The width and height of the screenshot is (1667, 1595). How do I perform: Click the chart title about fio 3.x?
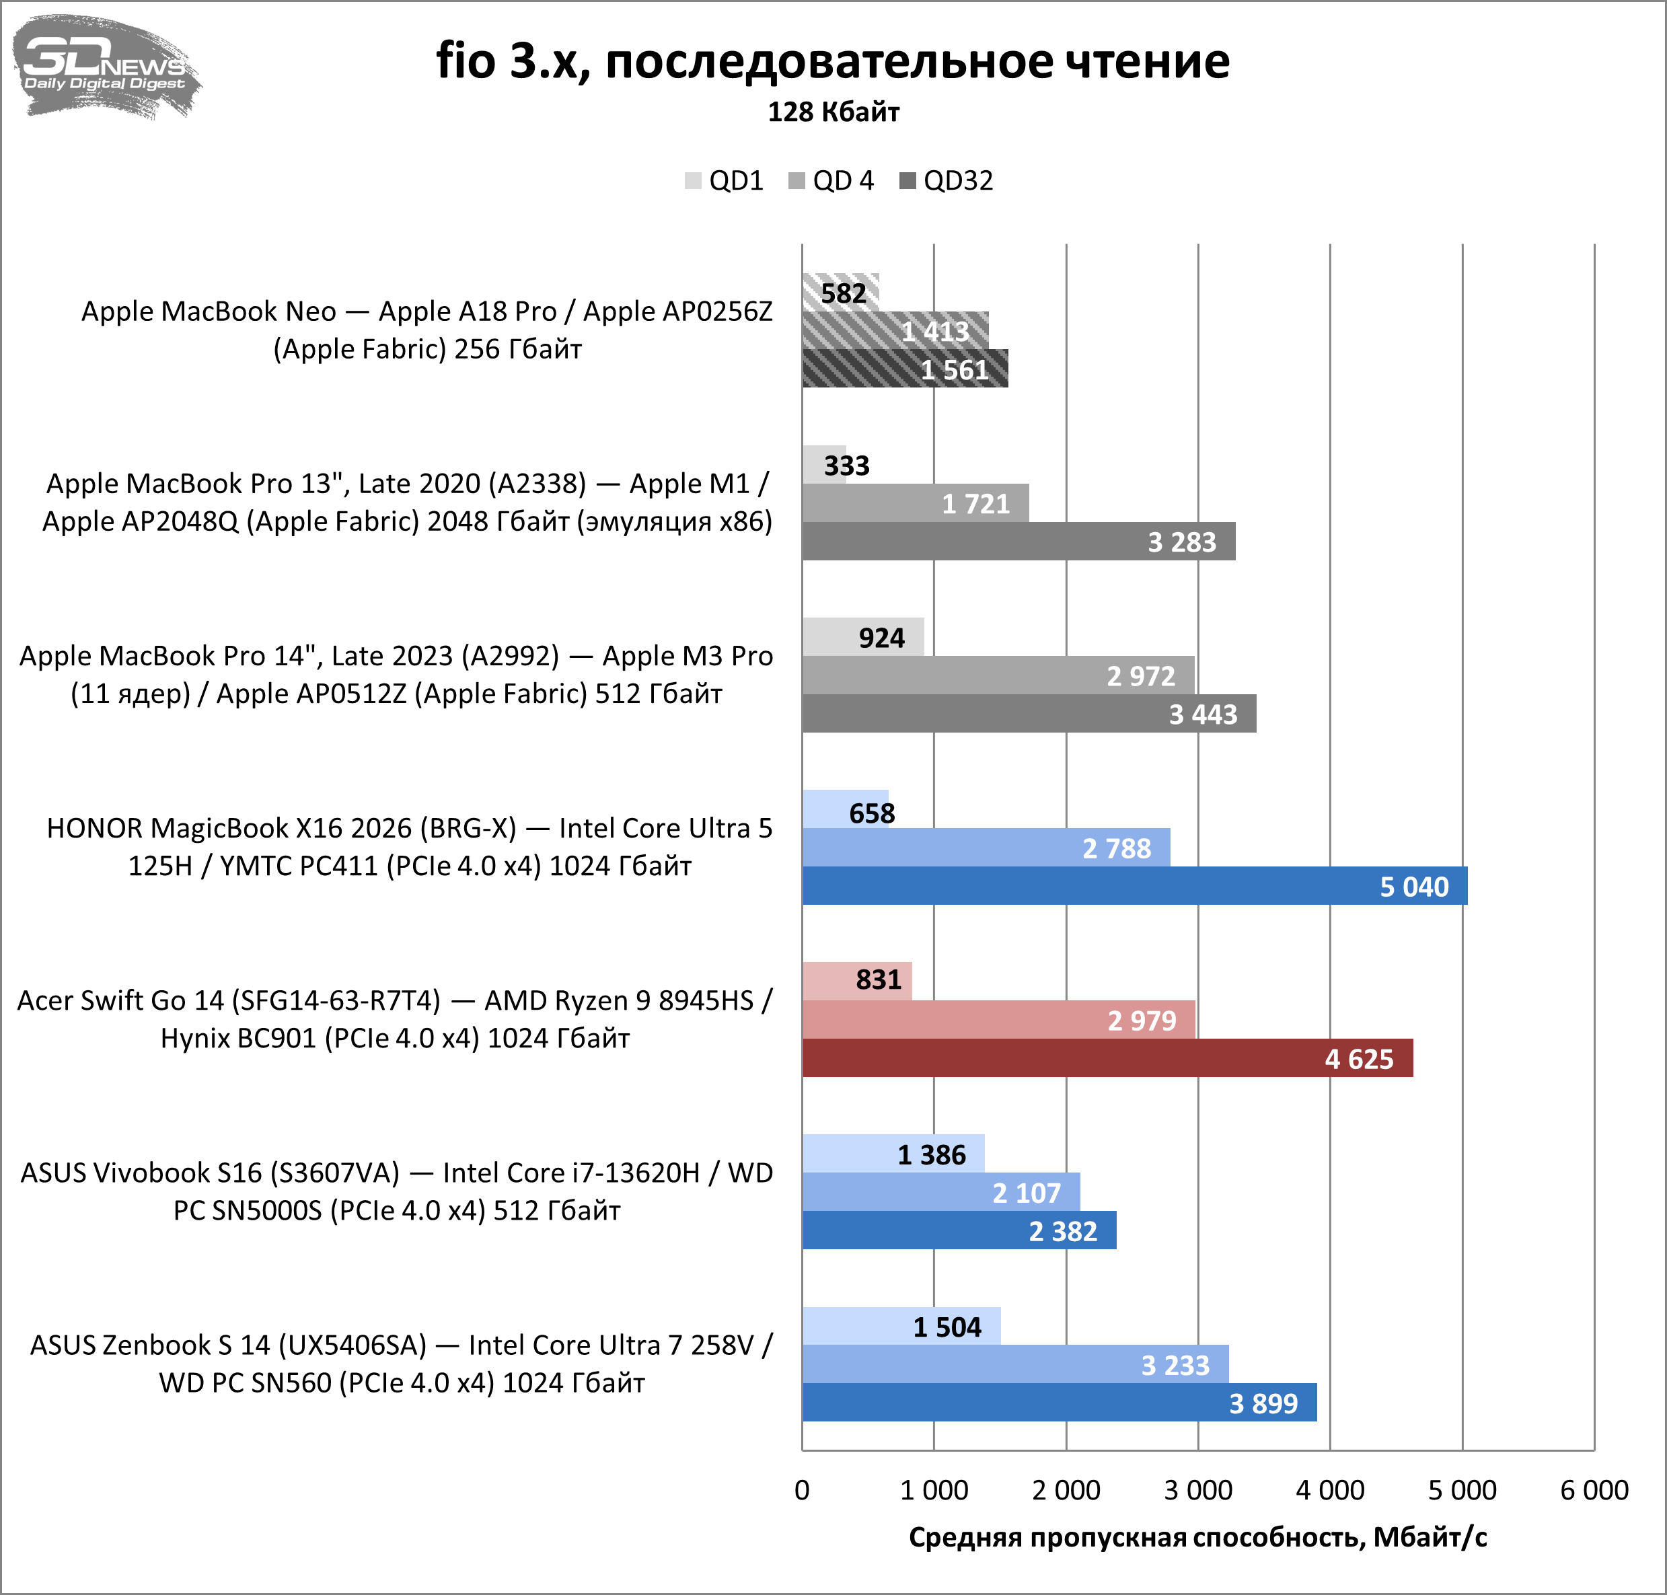point(832,61)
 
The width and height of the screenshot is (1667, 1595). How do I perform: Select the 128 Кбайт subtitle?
point(833,112)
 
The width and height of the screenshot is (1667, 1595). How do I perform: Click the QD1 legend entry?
point(725,181)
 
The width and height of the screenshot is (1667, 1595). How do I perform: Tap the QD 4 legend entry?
point(831,181)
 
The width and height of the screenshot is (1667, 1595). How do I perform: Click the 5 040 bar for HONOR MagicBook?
point(1134,886)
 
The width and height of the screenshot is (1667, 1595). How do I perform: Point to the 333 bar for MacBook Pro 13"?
point(823,465)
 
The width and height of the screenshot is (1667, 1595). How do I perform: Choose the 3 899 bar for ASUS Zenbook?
point(1059,1403)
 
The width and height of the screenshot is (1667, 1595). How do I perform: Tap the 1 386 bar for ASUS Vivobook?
point(893,1154)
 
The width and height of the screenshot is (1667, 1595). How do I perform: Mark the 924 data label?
point(881,638)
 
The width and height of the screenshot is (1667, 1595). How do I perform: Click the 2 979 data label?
point(1142,1021)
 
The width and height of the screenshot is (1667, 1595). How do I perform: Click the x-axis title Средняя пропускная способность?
point(1197,1537)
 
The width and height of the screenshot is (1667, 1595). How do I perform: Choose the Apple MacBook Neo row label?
point(427,330)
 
